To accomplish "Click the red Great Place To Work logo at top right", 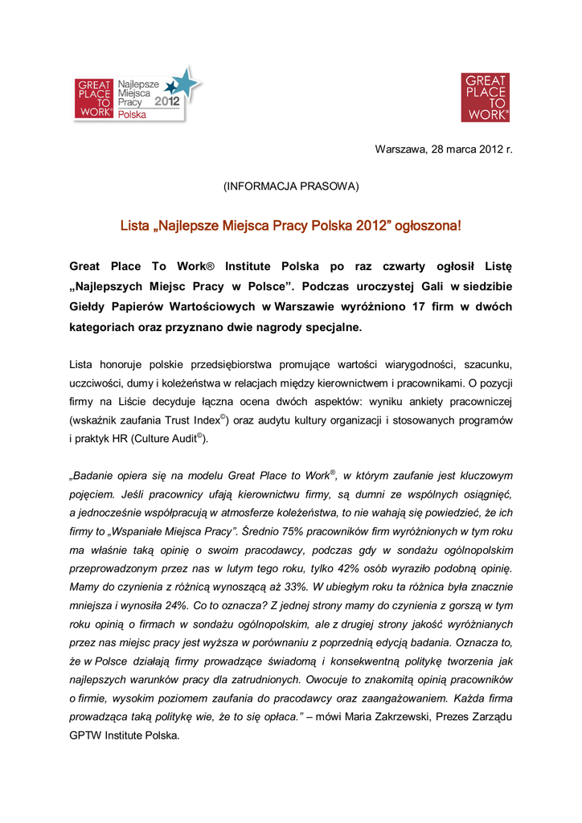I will (484, 97).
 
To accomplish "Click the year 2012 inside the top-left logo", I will (167, 102).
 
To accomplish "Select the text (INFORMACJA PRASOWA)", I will (291, 186).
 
